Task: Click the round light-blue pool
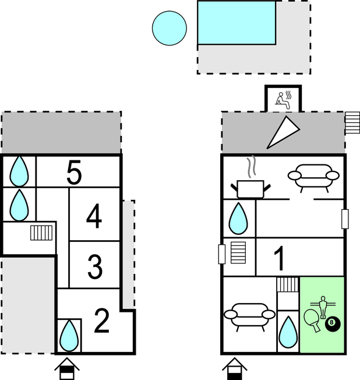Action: (170, 28)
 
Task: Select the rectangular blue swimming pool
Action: (237, 23)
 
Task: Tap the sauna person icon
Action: (283, 100)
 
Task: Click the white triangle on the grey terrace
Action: (283, 132)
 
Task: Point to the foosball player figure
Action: (323, 307)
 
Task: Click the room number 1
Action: (280, 258)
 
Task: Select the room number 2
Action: (102, 321)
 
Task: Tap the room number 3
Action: (95, 266)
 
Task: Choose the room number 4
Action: (94, 216)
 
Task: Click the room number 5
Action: (74, 173)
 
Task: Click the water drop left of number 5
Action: (19, 171)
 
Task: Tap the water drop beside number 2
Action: (69, 336)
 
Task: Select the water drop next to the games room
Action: (288, 332)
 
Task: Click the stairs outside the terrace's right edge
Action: (352, 122)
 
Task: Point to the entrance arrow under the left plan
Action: (67, 368)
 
